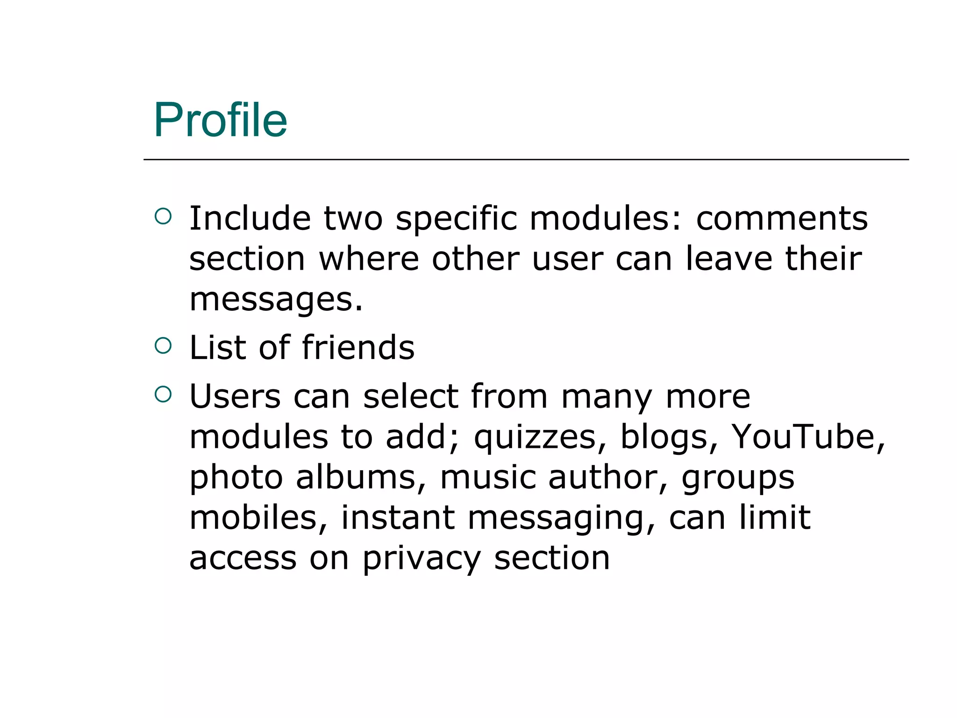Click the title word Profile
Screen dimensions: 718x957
pos(220,120)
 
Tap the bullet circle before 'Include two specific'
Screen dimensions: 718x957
pos(163,216)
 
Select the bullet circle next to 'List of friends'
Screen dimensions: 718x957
pos(163,345)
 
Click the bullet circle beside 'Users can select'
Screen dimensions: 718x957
pos(163,394)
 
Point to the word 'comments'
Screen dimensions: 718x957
pos(782,218)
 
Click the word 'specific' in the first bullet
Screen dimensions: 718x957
pos(456,218)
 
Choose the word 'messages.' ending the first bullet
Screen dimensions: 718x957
pos(276,300)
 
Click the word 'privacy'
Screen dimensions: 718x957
pos(421,559)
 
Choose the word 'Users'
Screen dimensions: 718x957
pos(235,396)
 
